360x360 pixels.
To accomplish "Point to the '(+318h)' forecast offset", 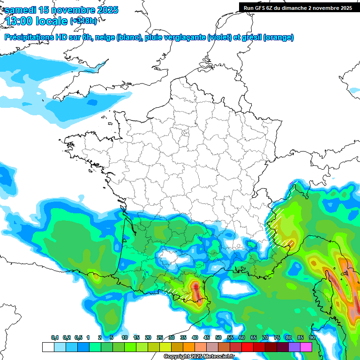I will point(83,21).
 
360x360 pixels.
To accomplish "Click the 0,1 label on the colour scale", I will point(55,338).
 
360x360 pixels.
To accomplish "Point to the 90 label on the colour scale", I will point(312,338).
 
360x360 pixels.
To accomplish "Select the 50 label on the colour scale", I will point(218,338).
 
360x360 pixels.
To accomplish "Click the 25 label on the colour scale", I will point(160,338).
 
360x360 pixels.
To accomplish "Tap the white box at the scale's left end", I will point(48,347).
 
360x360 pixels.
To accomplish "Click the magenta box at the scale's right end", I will point(306,347).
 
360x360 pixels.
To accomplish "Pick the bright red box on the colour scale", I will point(247,347).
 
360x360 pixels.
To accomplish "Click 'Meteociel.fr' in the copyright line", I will point(219,357).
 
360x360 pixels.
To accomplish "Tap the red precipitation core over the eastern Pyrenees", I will point(196,286).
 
